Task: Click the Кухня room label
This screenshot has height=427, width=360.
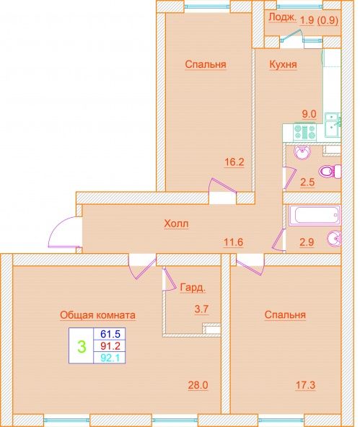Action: coord(283,64)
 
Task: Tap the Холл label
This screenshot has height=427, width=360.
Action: coord(176,224)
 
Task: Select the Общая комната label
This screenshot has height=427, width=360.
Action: coord(98,315)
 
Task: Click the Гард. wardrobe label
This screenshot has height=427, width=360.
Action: coord(193,288)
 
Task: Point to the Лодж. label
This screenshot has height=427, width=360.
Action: coord(282,18)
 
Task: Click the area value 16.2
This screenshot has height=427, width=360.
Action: coord(234,162)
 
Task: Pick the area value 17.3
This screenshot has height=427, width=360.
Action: coord(306,385)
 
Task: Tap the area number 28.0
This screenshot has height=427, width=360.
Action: coord(198,385)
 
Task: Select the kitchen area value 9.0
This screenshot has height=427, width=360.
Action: coord(309,114)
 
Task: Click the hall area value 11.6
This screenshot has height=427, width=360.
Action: coord(233,242)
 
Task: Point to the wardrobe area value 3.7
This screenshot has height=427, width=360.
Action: coord(201,309)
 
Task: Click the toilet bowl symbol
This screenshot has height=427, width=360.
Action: coord(330,171)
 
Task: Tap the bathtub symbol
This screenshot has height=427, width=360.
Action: coord(315,216)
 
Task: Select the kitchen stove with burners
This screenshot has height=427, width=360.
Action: coord(305,132)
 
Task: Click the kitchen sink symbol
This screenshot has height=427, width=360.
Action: coord(333,125)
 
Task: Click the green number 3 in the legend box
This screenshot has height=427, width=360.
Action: coord(82,346)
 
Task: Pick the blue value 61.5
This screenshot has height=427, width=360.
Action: coord(110,333)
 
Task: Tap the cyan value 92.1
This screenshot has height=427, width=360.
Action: coord(110,358)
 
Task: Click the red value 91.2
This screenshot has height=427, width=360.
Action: coord(110,345)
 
